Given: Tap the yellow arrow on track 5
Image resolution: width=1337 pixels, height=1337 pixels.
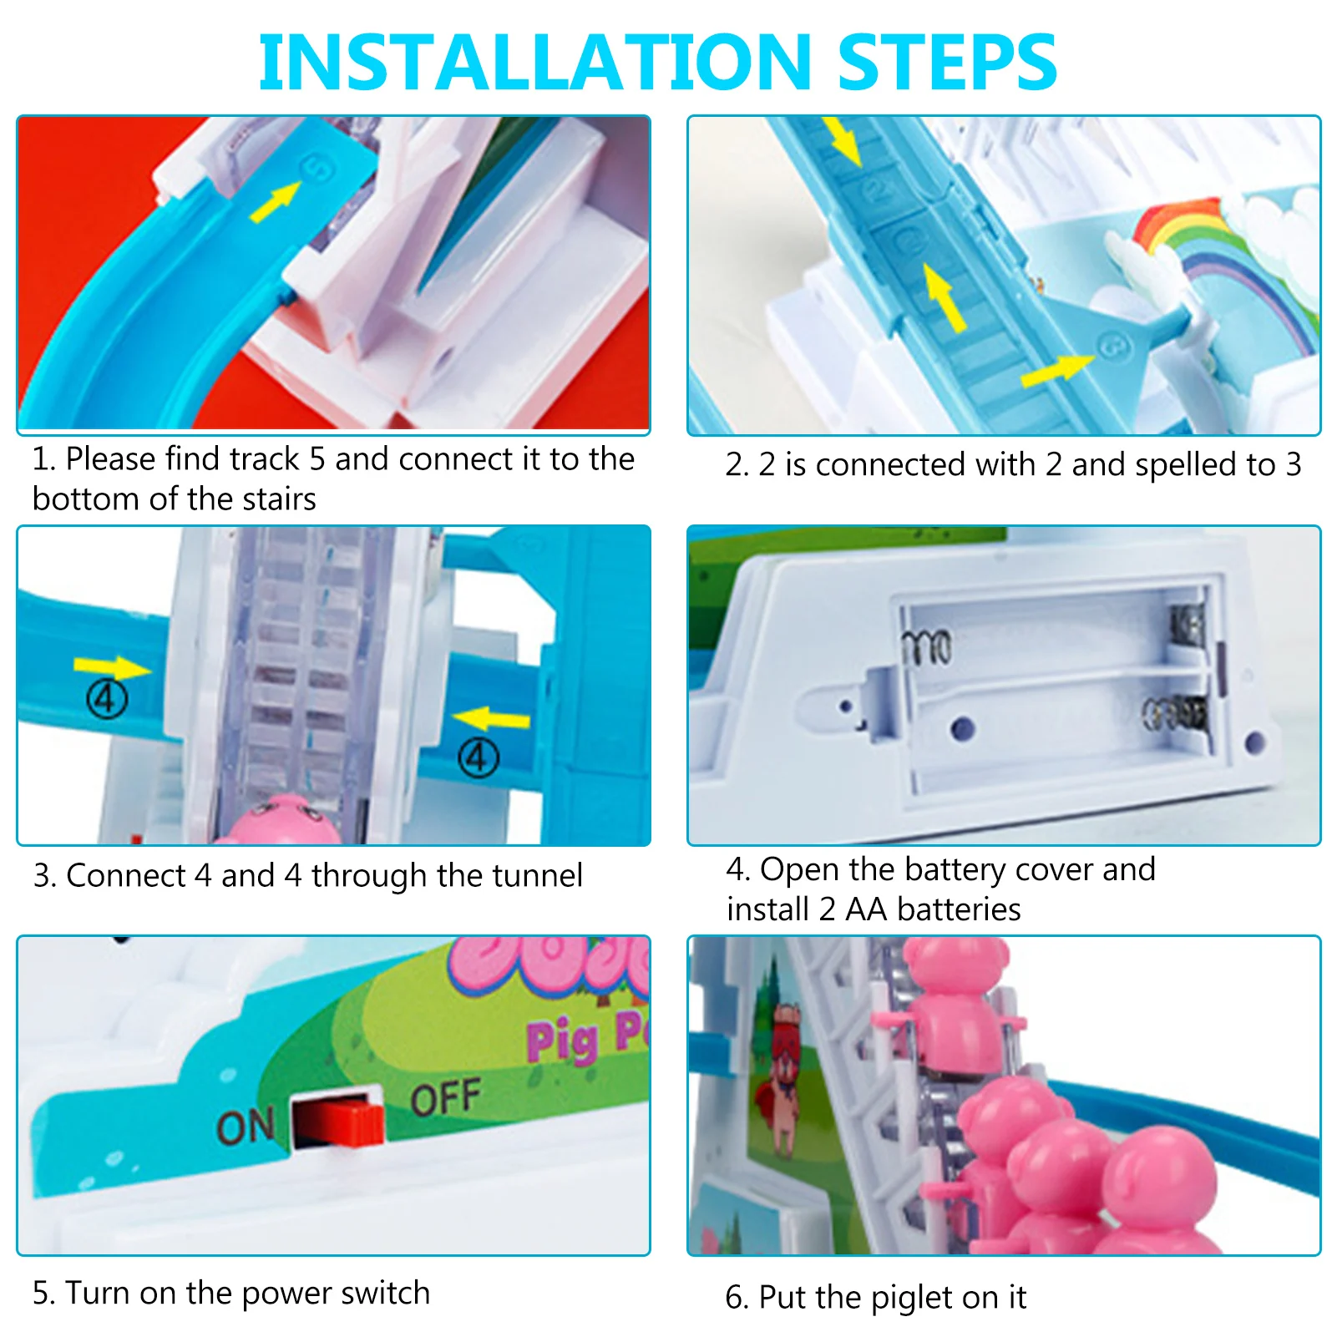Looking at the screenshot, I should [x=274, y=201].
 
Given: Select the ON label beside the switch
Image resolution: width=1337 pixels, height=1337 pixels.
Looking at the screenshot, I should [x=245, y=1127].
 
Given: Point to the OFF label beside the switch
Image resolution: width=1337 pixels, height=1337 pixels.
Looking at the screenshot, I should [x=445, y=1097].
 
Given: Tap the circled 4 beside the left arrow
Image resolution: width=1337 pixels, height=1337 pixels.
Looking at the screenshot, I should [x=108, y=699].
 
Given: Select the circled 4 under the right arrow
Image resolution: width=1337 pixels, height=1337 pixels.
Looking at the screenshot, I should [x=478, y=757].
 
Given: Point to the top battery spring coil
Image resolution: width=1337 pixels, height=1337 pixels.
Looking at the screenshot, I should [x=926, y=647].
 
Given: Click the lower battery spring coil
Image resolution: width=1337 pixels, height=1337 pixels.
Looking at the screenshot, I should [x=1174, y=712].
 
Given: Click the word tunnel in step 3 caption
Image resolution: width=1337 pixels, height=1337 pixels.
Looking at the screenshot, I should [x=537, y=876].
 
